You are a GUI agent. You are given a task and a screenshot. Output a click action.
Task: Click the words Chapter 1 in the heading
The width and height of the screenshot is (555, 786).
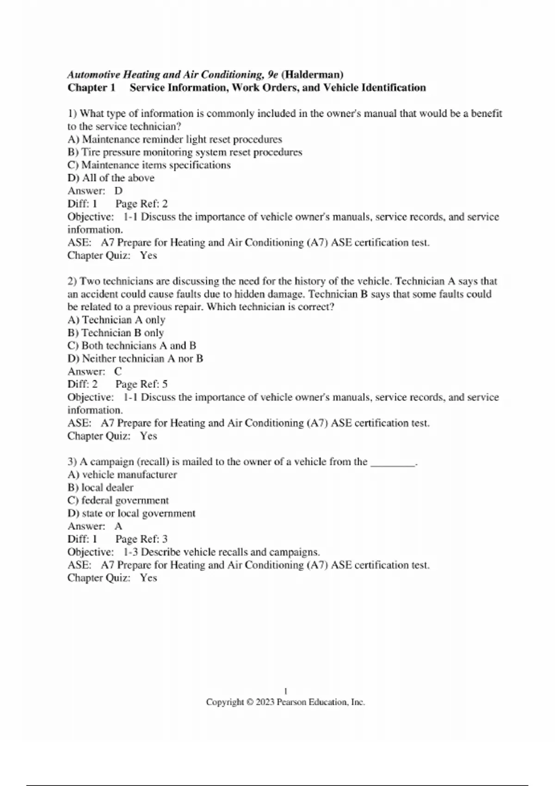point(91,87)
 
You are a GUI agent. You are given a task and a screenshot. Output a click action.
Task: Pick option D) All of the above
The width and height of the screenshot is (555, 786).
point(111,178)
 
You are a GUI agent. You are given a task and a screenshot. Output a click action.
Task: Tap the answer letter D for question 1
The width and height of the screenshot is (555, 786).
point(118,191)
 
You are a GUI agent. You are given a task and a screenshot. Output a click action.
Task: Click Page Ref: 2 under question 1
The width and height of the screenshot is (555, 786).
point(142,204)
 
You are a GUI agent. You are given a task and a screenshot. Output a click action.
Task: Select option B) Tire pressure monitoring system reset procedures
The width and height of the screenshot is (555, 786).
point(185,152)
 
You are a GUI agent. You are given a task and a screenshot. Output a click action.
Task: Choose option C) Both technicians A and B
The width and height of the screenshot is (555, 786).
point(132,346)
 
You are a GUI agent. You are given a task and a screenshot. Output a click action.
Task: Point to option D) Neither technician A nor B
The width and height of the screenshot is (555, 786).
point(136,359)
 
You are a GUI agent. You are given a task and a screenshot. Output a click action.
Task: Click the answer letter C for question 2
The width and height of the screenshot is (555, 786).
point(118,371)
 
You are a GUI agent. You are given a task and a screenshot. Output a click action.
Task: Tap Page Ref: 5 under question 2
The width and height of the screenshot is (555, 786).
point(142,384)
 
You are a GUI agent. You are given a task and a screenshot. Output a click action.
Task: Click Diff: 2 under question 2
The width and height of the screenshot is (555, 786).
point(83,384)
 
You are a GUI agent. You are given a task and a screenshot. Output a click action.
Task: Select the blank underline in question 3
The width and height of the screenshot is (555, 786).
point(393,462)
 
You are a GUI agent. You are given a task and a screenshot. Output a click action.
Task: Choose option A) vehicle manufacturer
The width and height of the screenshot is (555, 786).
point(122,475)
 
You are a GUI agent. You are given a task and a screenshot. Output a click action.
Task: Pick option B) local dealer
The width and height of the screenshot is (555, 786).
point(100,488)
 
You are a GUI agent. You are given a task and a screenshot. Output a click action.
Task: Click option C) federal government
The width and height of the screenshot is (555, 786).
point(118,501)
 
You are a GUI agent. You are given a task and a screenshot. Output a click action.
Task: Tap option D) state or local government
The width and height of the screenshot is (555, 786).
point(131,514)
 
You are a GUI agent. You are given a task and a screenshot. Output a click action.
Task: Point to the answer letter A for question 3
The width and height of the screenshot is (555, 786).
point(118,526)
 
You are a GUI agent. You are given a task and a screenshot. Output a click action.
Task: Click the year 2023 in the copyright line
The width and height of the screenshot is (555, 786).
point(265,702)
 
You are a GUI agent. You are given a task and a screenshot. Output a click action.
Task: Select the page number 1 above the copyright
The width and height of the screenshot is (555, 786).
point(285,691)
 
